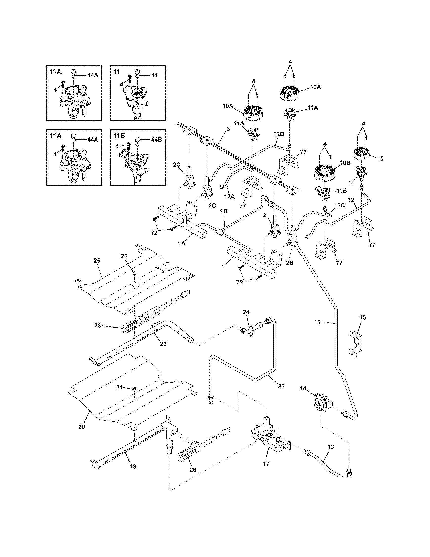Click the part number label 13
tap(317, 323)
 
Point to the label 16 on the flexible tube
tap(331, 447)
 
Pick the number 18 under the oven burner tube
tap(133, 467)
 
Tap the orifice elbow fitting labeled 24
tap(246, 330)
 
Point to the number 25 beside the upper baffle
tap(97, 261)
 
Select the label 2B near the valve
tap(290, 263)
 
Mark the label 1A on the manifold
tap(181, 244)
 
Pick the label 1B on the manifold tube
tap(224, 211)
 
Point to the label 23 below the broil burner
tap(163, 344)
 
